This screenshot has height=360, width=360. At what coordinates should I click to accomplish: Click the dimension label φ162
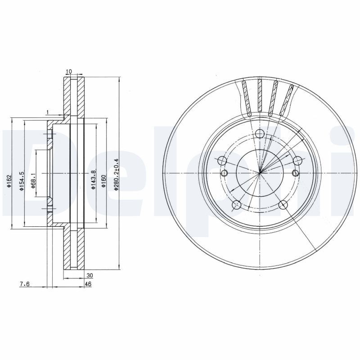9,181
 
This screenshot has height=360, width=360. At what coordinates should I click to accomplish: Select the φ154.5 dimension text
22,181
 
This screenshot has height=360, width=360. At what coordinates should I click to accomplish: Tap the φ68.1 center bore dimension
33,181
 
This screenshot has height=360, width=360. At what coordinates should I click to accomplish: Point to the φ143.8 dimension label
93,180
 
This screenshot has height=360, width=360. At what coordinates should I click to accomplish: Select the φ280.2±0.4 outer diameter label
116,175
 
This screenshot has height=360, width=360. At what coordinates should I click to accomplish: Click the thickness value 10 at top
69,72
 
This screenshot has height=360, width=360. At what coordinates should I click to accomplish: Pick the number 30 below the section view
89,275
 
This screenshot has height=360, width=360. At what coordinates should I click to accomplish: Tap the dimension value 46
88,284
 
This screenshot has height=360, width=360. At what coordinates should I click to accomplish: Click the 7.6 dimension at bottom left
25,284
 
